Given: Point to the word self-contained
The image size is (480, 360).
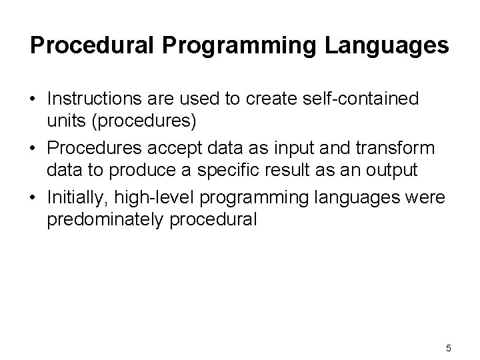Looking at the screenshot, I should [361, 99].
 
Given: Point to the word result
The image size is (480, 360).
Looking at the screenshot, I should [297, 170].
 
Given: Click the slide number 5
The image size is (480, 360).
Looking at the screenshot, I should [449, 348].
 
